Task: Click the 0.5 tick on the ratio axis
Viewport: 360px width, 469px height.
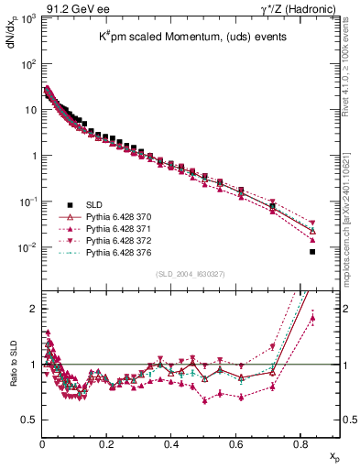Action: pos(30,420)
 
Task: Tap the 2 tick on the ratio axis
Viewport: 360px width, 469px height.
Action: pos(32,309)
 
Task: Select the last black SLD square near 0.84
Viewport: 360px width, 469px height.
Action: pos(313,252)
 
